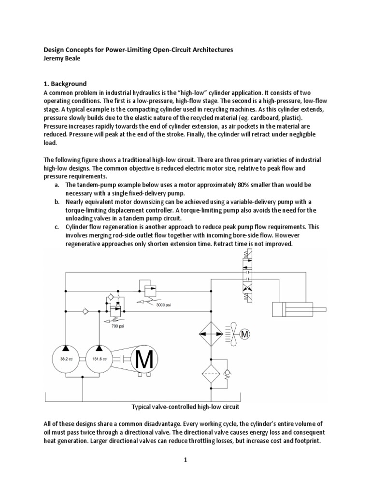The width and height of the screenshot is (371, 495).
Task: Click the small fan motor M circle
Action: pos(245,334)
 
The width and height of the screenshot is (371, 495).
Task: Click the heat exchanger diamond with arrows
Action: pos(211,334)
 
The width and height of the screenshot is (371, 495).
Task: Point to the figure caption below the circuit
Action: pos(185,407)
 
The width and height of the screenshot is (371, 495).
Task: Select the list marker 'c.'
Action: pos(57,227)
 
